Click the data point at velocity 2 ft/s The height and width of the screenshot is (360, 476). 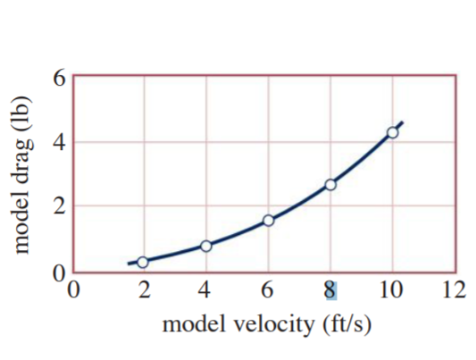click(x=142, y=262)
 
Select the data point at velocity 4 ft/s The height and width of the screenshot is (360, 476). click(x=206, y=246)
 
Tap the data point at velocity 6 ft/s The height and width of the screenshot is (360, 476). click(x=268, y=220)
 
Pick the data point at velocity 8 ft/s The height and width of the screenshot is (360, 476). click(x=330, y=184)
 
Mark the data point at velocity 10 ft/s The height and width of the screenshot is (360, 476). click(x=392, y=132)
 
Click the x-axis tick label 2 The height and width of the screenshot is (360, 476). click(x=143, y=289)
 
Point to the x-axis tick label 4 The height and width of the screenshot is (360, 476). click(x=205, y=289)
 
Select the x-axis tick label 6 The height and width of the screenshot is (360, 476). click(x=268, y=289)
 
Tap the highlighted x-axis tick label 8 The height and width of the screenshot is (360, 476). click(x=330, y=289)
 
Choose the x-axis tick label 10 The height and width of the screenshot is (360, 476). click(x=391, y=289)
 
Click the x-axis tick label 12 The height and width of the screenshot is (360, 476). click(x=454, y=289)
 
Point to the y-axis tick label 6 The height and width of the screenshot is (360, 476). click(x=58, y=77)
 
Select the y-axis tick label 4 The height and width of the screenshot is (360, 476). click(x=58, y=142)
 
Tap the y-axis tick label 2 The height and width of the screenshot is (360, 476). click(x=58, y=206)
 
